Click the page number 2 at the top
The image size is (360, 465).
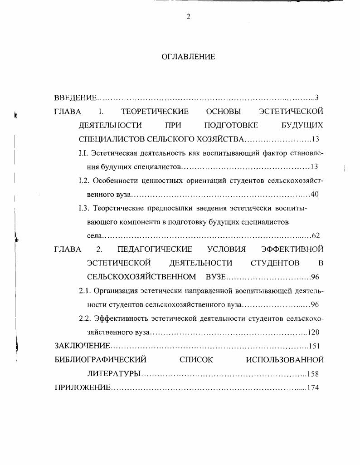pos(189,17)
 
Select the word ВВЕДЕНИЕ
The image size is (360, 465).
pos(75,98)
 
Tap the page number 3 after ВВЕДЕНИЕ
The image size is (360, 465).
pos(317,98)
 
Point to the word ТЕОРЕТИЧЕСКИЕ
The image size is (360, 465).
pos(155,111)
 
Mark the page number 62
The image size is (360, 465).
pos(316,236)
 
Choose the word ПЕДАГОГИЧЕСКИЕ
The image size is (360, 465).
pos(155,250)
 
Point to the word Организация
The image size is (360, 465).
pos(115,291)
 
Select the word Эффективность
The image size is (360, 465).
pos(117,318)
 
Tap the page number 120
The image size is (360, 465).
pos(314,333)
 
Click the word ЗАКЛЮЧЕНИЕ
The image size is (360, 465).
pos(83,346)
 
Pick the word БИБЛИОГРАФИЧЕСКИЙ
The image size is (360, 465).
pos(101,360)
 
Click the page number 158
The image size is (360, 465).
pos(314,374)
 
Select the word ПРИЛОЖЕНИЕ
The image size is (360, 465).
pos(82,388)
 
